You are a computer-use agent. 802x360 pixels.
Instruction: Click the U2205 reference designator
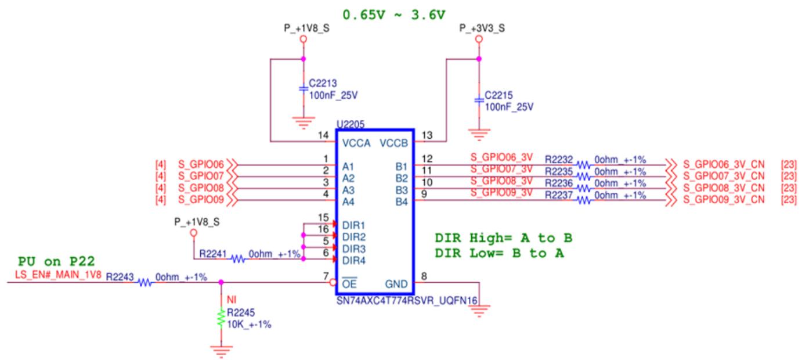pos(351,124)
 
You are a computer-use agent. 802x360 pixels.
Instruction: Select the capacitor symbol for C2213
pos(304,88)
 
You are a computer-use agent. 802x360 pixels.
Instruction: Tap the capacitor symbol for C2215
pos(479,100)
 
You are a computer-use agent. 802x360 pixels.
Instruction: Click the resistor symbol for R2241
pos(237,258)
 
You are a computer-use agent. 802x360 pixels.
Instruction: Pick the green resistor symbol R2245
pos(221,318)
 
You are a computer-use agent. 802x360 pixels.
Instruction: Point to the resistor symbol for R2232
pos(584,165)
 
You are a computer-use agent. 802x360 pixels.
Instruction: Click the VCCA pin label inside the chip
pos(356,143)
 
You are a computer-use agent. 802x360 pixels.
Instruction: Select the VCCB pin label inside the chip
pos(394,143)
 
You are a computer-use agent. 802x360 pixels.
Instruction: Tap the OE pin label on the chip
pos(349,284)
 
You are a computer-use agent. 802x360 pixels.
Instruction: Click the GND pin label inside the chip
pos(396,284)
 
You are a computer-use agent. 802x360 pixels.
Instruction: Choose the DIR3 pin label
pos(354,249)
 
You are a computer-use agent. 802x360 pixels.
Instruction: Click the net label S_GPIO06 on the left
pos(201,164)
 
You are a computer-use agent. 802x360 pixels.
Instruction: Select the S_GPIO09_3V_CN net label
pos(724,200)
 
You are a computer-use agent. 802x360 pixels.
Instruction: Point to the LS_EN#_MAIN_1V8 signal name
pos(58,275)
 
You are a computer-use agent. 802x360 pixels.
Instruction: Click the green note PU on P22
pos(56,261)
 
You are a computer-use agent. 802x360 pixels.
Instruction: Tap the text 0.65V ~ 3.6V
pos(394,15)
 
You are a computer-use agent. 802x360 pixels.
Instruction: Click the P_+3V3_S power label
pos(482,28)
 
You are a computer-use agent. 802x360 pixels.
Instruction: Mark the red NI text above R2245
pos(232,300)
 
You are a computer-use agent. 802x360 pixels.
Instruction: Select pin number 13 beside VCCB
pos(427,135)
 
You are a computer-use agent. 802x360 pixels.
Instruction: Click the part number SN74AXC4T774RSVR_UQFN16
pos(407,301)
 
